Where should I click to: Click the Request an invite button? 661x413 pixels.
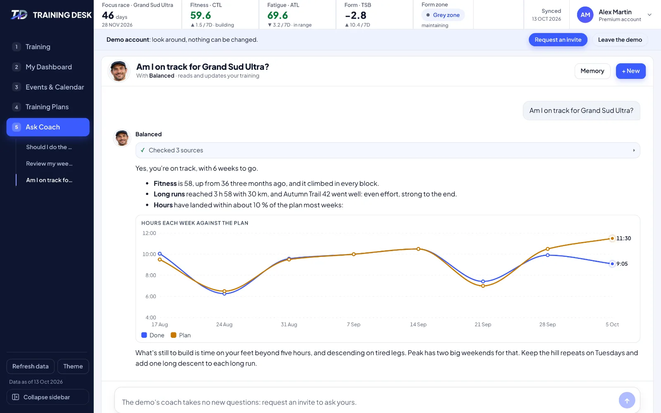558,40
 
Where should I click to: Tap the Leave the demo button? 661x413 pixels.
620,40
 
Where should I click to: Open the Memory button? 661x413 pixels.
592,71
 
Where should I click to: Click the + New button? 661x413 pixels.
630,71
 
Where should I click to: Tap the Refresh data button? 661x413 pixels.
31,366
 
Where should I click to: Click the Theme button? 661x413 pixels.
73,366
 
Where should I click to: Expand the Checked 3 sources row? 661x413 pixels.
388,150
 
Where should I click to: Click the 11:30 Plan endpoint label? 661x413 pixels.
623,238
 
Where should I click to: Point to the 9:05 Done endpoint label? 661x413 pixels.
622,264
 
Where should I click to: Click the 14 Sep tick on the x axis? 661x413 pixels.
418,325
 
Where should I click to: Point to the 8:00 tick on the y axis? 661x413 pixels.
150,275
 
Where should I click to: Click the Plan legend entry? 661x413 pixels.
181,335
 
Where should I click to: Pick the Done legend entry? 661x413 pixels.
153,335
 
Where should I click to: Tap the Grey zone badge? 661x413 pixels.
443,15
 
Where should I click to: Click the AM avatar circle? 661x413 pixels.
585,15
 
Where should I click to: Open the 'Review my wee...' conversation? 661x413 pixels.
49,164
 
